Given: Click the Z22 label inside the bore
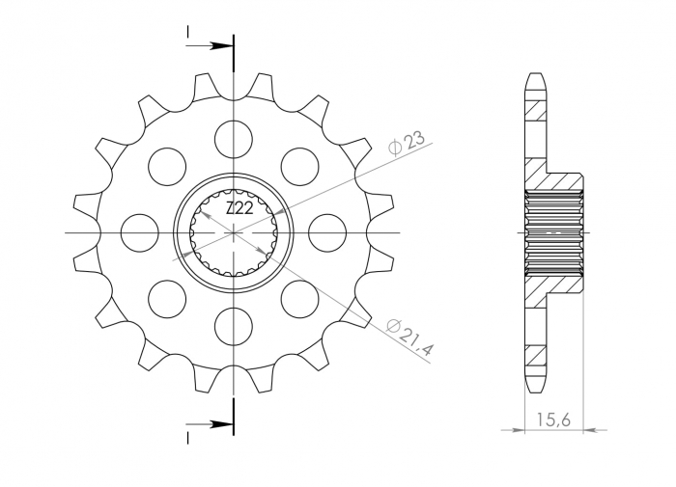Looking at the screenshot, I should click(x=239, y=208).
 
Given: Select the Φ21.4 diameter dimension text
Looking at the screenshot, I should click(x=408, y=337).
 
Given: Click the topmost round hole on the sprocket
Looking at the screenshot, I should click(x=234, y=138).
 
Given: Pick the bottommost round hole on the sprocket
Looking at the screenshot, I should click(x=234, y=325).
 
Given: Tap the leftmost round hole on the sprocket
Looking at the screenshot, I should click(x=140, y=231).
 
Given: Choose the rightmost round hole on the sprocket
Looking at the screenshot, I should click(x=327, y=231).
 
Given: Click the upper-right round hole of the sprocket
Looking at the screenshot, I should click(x=300, y=166).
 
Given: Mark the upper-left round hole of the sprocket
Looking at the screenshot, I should click(x=168, y=166).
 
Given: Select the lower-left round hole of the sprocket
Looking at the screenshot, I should click(x=168, y=297).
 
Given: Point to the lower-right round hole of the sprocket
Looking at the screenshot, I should click(x=300, y=297).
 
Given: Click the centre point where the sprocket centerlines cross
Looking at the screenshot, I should click(x=234, y=231).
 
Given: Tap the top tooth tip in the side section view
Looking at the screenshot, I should click(x=535, y=77).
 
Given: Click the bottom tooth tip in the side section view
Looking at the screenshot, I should click(x=535, y=386).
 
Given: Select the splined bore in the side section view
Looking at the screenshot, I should click(x=555, y=231).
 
